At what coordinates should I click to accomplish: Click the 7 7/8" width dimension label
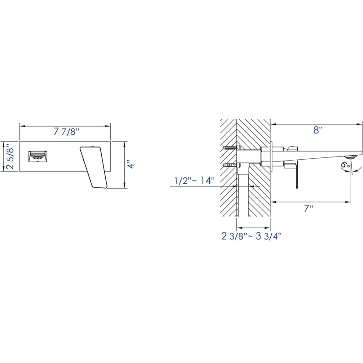pos(66,132)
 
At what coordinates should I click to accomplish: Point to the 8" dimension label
pos(318,130)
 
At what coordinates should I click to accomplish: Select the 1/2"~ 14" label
pos(194,181)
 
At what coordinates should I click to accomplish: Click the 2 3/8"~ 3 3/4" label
pos(251,236)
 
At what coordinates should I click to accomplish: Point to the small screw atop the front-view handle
pos(93,146)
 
